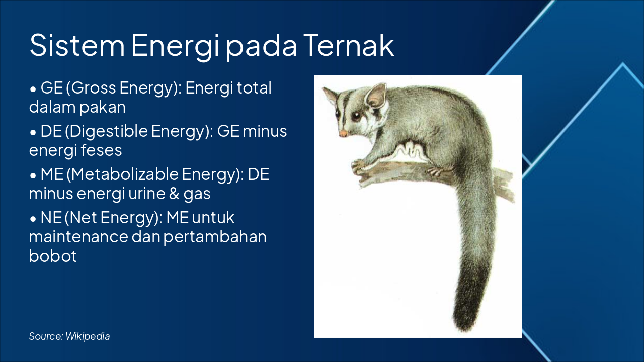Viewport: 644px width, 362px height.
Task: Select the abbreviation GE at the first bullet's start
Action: pos(51,88)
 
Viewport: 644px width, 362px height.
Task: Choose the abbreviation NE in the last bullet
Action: pos(51,218)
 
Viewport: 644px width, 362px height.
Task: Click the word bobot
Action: pos(53,256)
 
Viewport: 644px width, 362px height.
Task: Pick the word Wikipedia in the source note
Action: pos(88,336)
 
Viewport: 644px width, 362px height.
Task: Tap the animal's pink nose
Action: pos(343,134)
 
